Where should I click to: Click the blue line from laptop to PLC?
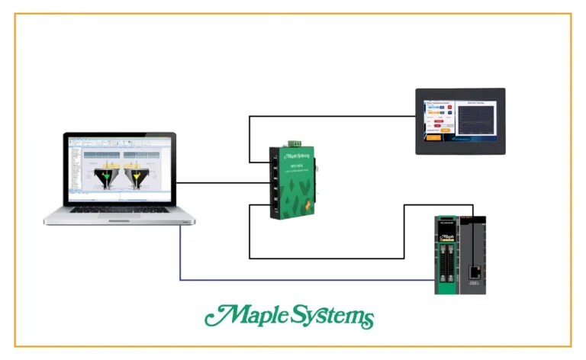pos(305,280)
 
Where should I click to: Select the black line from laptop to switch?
pos(221,183)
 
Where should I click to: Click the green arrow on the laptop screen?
pos(107,178)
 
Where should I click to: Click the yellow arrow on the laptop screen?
pos(137,178)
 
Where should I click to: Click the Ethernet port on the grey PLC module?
pos(475,270)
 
